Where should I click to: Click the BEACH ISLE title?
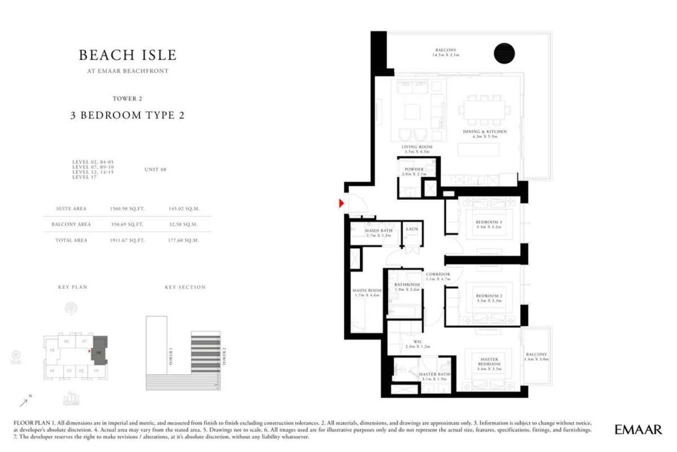[x=128, y=55]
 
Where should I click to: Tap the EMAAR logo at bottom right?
[x=638, y=429]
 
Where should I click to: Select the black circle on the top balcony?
[x=504, y=53]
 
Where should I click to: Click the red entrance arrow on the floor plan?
[x=341, y=203]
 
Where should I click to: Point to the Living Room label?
[x=417, y=147]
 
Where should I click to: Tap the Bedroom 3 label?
[x=489, y=222]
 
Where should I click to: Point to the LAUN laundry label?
[x=411, y=229]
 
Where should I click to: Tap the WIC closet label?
[x=417, y=341]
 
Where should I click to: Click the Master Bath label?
[x=434, y=374]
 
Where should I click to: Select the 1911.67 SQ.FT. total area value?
[x=127, y=240]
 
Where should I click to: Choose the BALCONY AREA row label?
[x=71, y=224]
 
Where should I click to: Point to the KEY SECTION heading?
[x=185, y=287]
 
